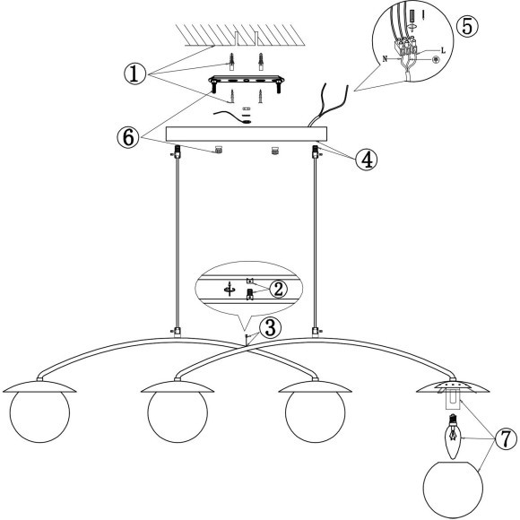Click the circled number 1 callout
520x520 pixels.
tap(135, 74)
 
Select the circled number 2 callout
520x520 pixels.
tap(279, 289)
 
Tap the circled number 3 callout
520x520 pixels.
tap(271, 328)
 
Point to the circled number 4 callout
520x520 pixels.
tap(367, 160)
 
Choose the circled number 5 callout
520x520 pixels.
tap(467, 27)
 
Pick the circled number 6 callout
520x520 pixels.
tap(128, 138)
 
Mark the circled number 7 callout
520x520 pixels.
tap(506, 438)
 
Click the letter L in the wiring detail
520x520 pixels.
tap(443, 51)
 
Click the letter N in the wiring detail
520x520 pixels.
tap(385, 59)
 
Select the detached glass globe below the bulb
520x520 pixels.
tap(453, 490)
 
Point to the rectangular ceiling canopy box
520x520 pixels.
tap(246, 134)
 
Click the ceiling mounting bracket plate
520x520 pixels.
tap(246, 81)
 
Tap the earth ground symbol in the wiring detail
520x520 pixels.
tap(436, 60)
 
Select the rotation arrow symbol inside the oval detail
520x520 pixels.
tap(230, 290)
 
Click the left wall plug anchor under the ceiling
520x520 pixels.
tap(231, 61)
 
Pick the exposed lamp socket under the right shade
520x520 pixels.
tap(453, 399)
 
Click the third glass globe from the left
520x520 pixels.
tap(315, 412)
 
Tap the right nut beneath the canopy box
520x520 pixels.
tap(274, 151)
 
